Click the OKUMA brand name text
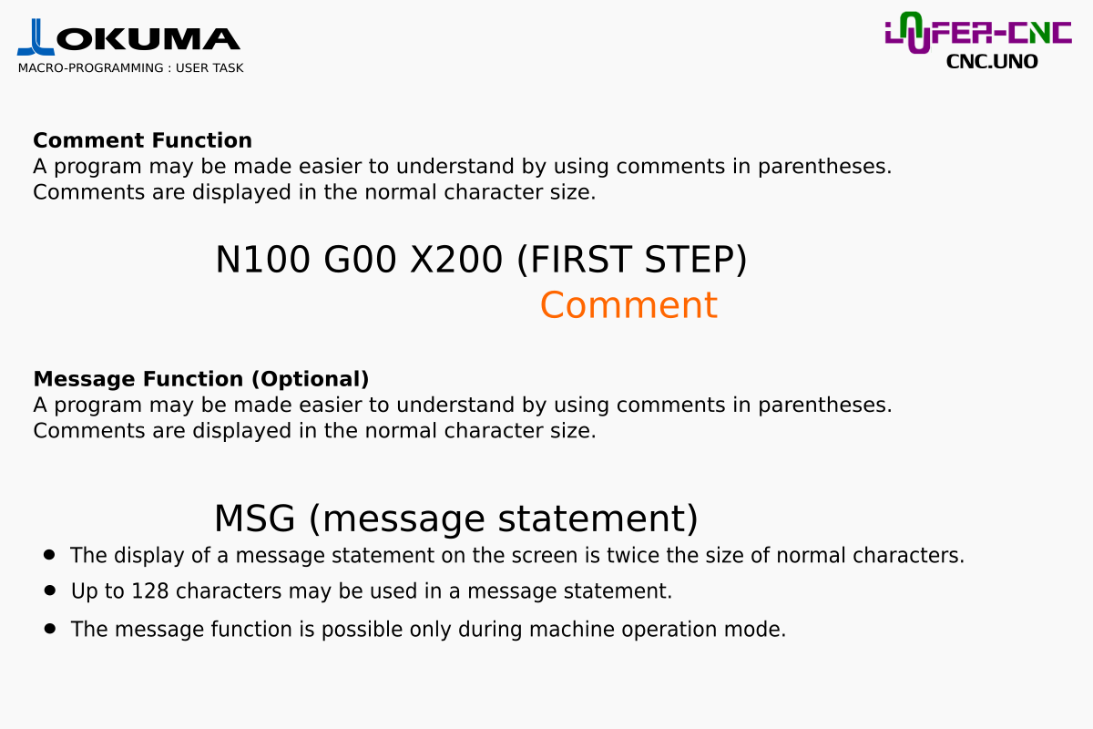(148, 39)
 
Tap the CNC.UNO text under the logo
(992, 62)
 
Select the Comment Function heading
(142, 140)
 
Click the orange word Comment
(628, 305)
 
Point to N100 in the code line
(262, 260)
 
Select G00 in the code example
(360, 260)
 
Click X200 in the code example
(456, 260)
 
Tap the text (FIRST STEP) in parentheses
(632, 260)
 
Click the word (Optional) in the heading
(311, 379)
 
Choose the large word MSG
(255, 519)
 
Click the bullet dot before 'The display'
(49, 555)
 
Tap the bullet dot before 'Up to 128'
(49, 590)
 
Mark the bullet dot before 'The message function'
(49, 629)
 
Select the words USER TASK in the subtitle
(209, 67)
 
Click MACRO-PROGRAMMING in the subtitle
(91, 67)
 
